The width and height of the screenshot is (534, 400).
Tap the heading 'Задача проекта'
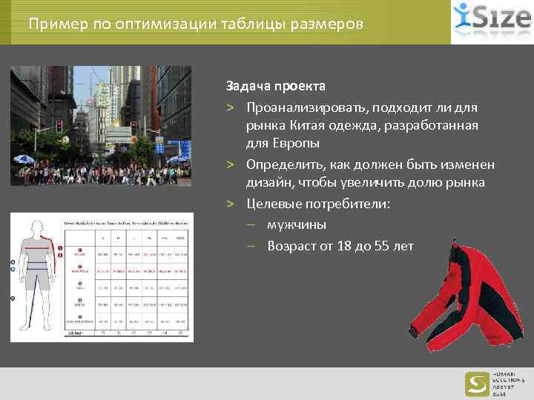pos(276,86)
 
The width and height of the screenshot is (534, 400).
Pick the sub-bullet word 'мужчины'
pos(297,224)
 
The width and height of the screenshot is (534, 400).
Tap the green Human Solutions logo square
pos(477,384)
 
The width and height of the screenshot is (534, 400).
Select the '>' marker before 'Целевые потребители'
pos(231,204)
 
